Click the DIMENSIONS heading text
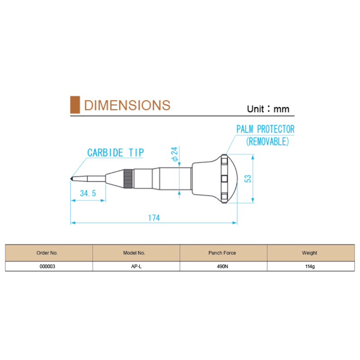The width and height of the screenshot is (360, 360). click(x=127, y=105)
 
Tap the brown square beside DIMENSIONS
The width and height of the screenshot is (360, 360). click(x=75, y=105)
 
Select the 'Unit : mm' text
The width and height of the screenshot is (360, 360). click(x=268, y=109)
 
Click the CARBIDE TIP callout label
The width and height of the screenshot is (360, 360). click(x=116, y=153)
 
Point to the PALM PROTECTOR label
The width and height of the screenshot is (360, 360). click(x=265, y=129)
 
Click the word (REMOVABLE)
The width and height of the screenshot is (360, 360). click(x=267, y=141)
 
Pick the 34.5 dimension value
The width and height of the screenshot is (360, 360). click(x=88, y=193)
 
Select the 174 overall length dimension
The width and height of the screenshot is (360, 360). click(x=154, y=218)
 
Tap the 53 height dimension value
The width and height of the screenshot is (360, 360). click(x=248, y=179)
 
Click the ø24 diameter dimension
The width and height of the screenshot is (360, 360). click(x=175, y=154)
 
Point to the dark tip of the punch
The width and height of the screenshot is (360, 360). click(x=72, y=178)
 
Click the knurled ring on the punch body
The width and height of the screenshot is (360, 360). click(x=128, y=179)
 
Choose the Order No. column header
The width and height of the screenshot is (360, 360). click(x=47, y=253)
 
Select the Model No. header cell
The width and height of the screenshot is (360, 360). click(x=134, y=253)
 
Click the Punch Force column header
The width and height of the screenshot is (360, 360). click(x=222, y=253)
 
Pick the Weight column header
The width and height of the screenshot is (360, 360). click(x=310, y=253)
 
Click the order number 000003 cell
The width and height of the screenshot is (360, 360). click(x=48, y=266)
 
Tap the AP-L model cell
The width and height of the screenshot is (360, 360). click(x=136, y=266)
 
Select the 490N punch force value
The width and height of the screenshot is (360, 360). click(x=222, y=266)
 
